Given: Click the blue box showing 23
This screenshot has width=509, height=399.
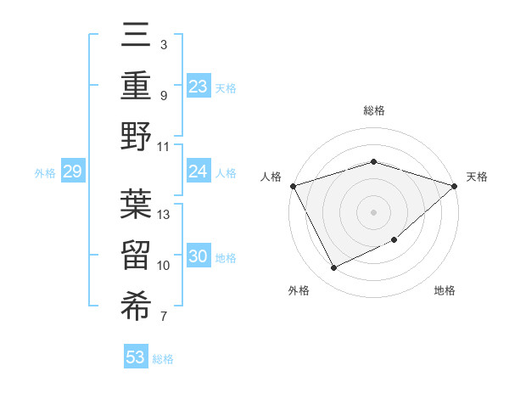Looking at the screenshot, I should click(x=198, y=86).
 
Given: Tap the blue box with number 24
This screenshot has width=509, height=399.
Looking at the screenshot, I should click(x=198, y=171).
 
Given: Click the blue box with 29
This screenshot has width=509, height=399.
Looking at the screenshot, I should click(x=72, y=172).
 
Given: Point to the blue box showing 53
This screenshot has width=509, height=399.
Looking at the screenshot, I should click(x=136, y=357).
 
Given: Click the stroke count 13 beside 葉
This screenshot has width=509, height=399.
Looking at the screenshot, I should click(x=165, y=214).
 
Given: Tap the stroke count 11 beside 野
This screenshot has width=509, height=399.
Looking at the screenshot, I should click(x=165, y=146).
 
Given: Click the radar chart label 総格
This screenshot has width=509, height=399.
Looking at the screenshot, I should click(x=373, y=111).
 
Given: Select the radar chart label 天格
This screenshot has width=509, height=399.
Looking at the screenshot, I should click(x=477, y=177).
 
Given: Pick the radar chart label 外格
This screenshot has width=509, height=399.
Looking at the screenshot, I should click(x=298, y=291).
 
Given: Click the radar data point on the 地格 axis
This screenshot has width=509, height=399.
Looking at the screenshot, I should click(x=394, y=240).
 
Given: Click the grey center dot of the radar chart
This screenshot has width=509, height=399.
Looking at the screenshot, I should click(x=373, y=212).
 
